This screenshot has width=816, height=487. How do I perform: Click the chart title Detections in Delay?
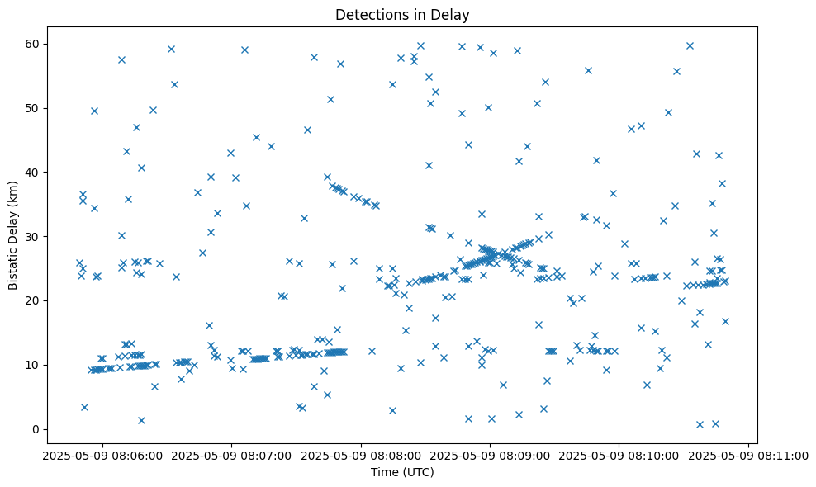click(402, 14)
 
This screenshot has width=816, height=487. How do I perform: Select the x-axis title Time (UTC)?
click(402, 472)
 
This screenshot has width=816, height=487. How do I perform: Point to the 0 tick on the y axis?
click(36, 429)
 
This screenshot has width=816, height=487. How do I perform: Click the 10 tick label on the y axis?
click(33, 365)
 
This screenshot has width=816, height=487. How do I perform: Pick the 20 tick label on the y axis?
click(33, 300)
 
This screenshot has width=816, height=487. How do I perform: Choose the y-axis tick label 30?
click(33, 236)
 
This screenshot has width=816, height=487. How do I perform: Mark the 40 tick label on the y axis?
click(33, 172)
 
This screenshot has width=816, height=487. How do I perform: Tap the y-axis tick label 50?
click(33, 108)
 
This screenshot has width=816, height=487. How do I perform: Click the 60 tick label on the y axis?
click(33, 44)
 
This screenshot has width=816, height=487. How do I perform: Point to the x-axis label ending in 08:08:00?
click(361, 455)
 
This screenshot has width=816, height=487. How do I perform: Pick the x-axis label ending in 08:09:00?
click(490, 455)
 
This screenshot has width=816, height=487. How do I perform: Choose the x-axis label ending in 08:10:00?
click(619, 455)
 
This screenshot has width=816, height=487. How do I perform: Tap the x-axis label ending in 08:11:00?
click(749, 455)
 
